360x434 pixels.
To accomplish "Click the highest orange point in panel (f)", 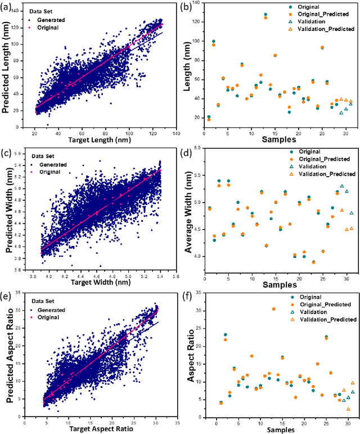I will pyautogui.click(x=274, y=309).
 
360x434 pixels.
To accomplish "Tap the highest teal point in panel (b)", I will pyautogui.click(x=265, y=15).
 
